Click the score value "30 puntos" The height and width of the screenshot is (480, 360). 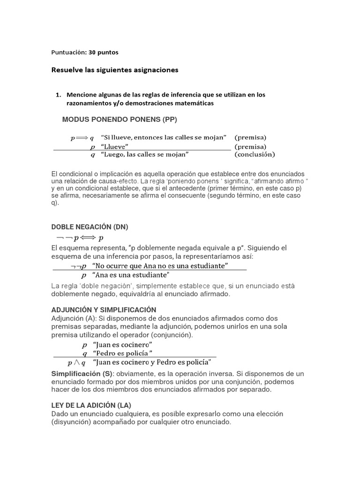(107, 52)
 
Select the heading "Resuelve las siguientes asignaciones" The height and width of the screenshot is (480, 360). (115, 70)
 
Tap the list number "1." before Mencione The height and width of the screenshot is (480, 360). (59, 95)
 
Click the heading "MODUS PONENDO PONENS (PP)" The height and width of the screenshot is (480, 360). (120, 120)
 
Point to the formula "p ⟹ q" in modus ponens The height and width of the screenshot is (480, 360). (82, 138)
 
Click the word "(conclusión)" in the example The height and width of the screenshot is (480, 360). (255, 154)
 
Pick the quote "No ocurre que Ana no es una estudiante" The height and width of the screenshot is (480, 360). (161, 266)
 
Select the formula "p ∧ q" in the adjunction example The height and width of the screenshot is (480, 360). (76, 362)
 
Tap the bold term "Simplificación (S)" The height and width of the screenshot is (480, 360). (80, 374)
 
